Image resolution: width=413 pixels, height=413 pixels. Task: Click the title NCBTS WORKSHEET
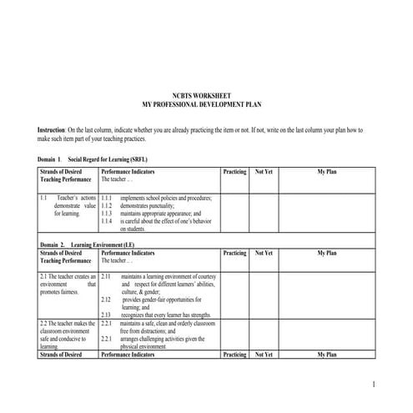pos(205,97)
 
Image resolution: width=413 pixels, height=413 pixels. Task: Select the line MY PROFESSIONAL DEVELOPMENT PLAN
pos(205,104)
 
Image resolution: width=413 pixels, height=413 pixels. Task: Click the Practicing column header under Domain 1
pos(234,171)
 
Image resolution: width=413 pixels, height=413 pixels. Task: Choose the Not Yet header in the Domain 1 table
pos(263,171)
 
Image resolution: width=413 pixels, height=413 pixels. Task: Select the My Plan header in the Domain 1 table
pos(326,171)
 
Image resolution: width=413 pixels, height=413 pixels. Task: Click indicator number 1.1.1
pos(106,198)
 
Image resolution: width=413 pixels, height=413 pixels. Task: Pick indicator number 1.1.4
pos(106,221)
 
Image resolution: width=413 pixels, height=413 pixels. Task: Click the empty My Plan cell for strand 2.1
pos(326,295)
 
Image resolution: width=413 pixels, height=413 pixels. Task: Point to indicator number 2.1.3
pos(106,314)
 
